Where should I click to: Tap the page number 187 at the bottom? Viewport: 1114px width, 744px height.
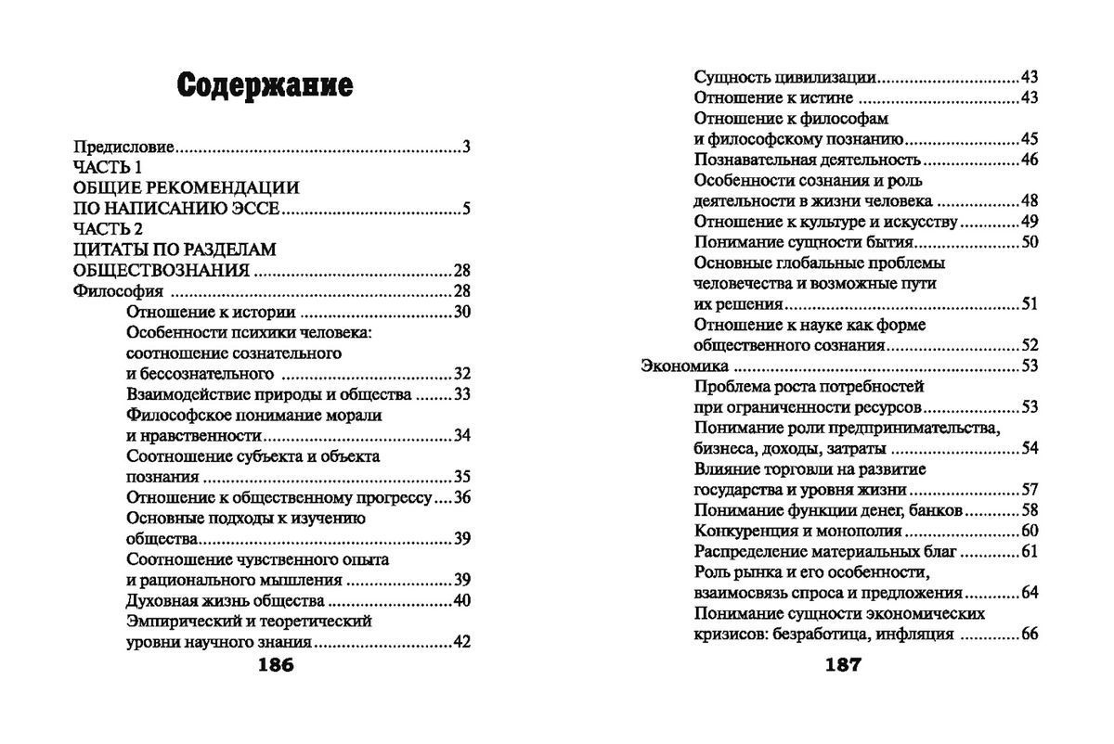(837, 665)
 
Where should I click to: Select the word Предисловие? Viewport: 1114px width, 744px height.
(123, 147)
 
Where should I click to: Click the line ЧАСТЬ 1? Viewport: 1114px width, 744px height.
(108, 167)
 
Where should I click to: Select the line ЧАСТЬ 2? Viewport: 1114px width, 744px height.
(108, 229)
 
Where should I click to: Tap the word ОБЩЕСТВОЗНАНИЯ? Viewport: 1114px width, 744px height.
(161, 271)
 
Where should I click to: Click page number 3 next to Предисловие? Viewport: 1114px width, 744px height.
(467, 147)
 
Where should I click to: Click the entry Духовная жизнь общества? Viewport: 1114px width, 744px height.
(212, 601)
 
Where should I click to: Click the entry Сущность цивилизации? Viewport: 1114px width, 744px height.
(786, 78)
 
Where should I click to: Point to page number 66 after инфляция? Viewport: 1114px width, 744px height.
(1029, 635)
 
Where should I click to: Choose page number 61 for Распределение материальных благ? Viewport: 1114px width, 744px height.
(1029, 552)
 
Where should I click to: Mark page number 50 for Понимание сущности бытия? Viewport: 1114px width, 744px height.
(1029, 243)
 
